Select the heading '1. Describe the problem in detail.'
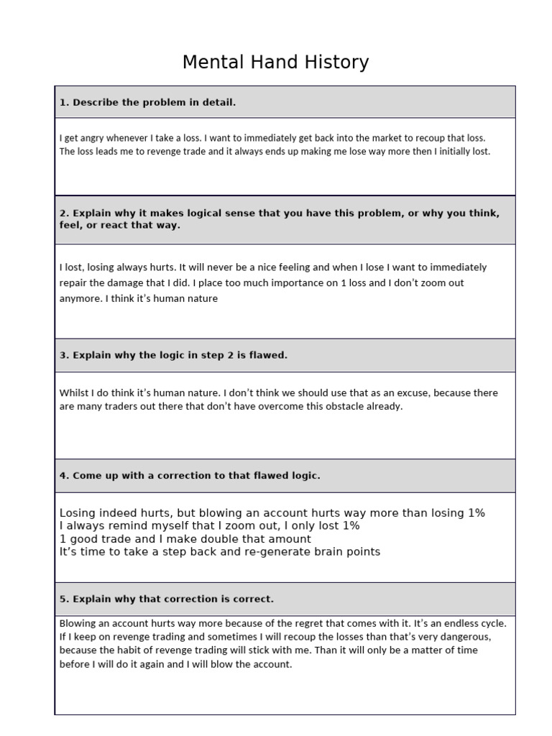(147, 103)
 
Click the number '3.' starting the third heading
(64, 355)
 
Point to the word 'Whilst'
(73, 393)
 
